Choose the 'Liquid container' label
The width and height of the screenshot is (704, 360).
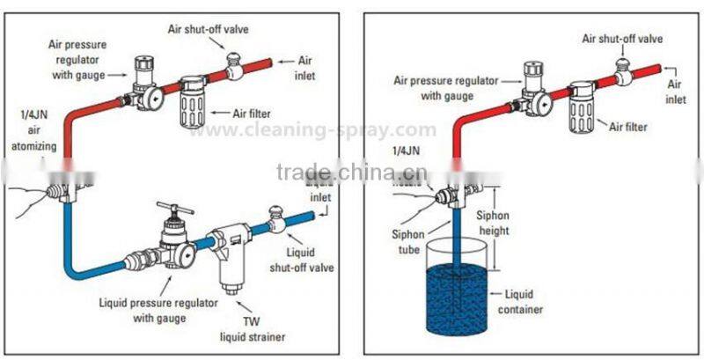pyautogui.click(x=528, y=301)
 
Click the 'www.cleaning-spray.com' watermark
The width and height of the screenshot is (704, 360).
pyautogui.click(x=313, y=130)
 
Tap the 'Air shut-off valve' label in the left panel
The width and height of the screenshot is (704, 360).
pyautogui.click(x=209, y=28)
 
